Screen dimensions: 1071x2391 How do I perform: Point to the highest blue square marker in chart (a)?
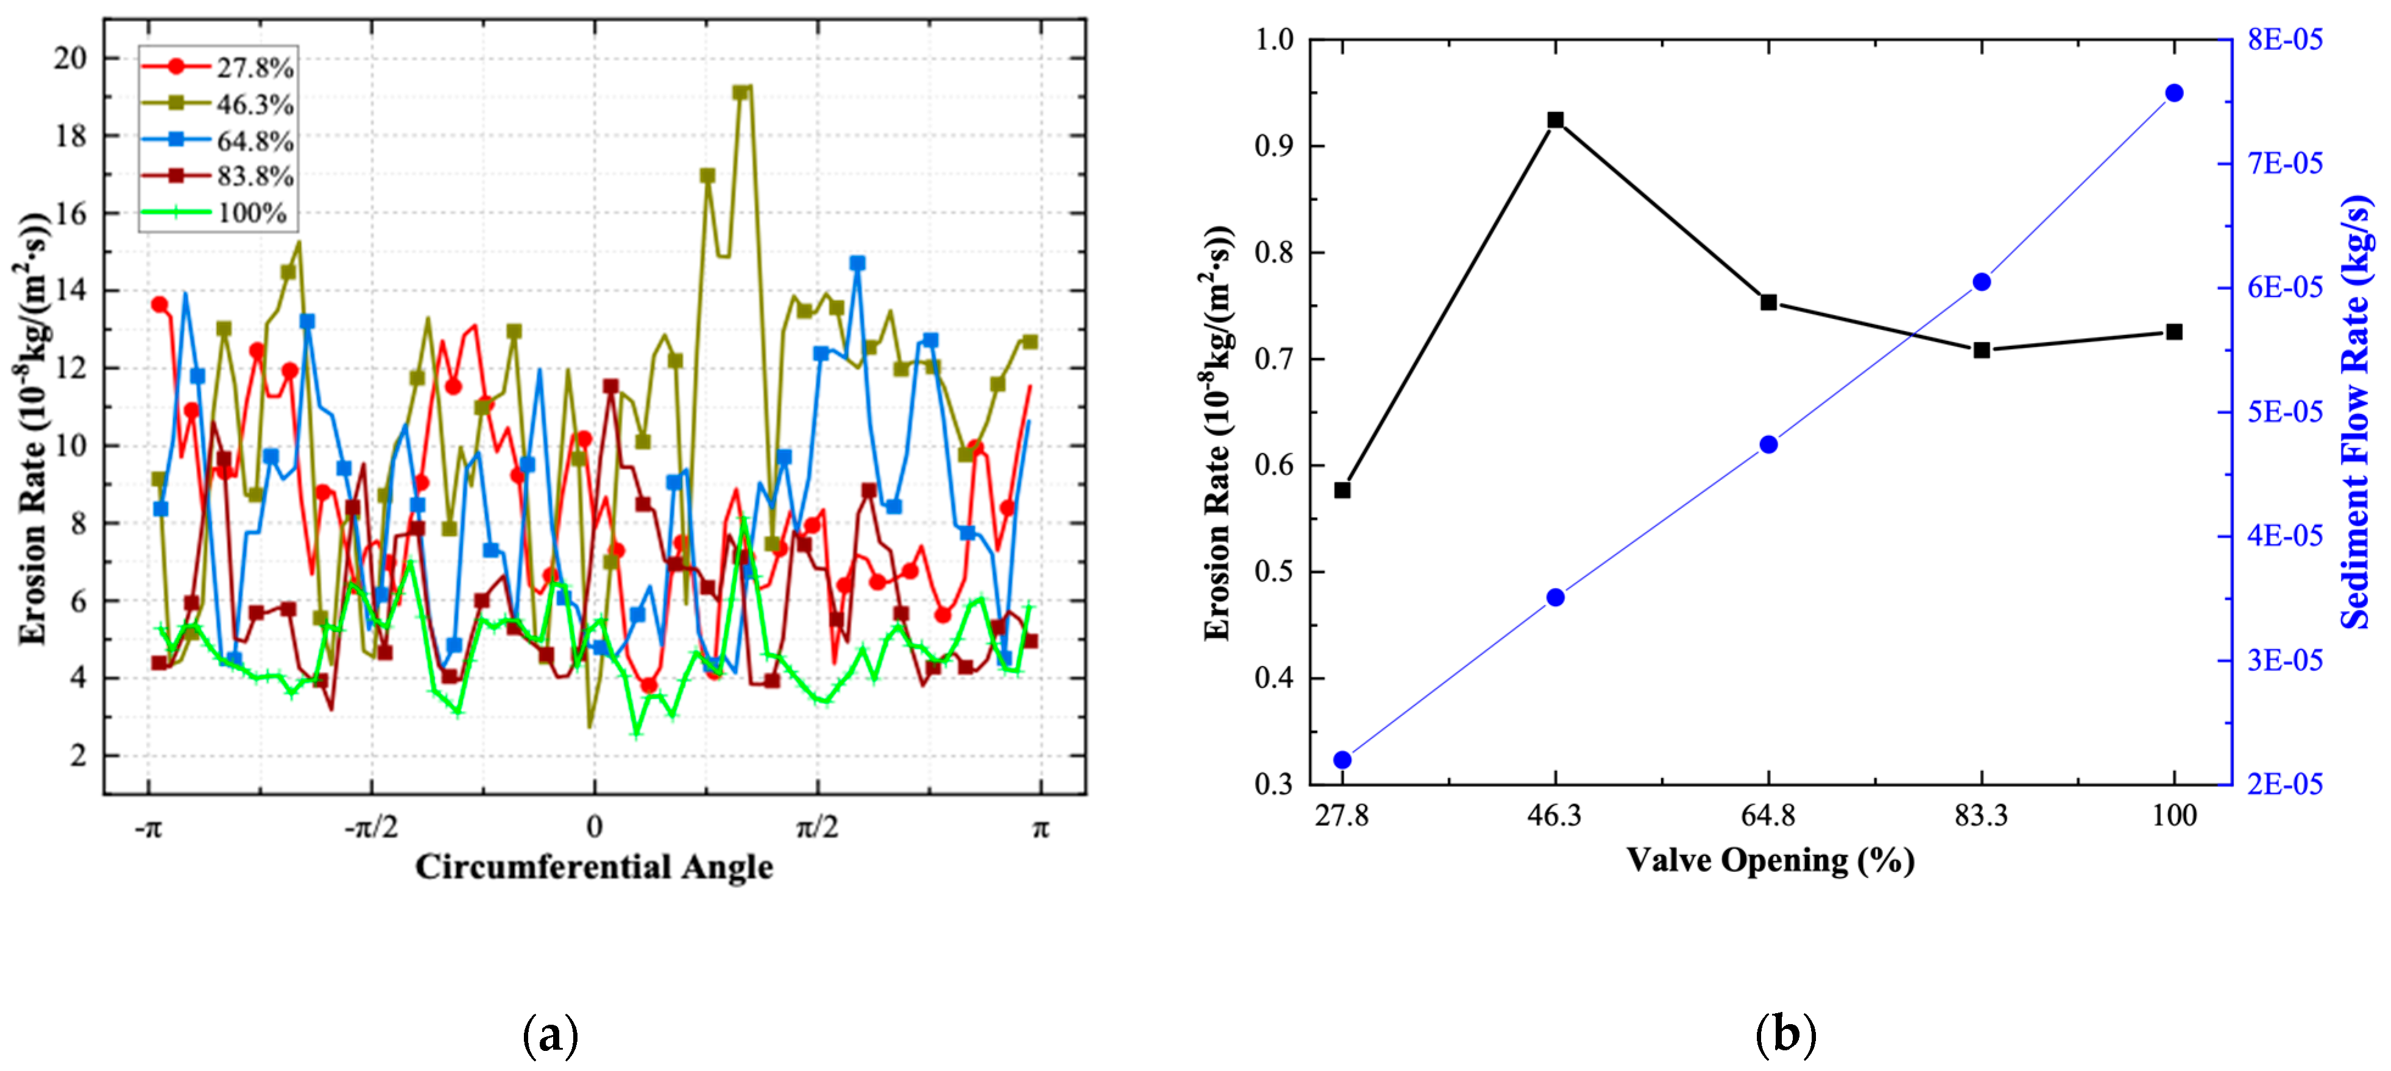tap(856, 264)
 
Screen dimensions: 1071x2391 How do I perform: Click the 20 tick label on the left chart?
tap(69, 58)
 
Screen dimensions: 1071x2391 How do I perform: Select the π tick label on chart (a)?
tap(1040, 826)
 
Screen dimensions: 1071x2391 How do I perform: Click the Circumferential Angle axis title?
tap(594, 867)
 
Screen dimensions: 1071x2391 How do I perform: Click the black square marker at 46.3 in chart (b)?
tap(1556, 120)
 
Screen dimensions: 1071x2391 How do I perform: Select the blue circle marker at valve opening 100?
tap(2174, 93)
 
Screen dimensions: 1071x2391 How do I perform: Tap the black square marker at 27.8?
tap(1342, 490)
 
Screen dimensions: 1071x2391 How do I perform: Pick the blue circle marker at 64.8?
tap(1768, 444)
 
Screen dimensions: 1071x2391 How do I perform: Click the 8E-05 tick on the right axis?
tap(2284, 39)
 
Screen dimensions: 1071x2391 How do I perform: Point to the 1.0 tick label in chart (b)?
tap(1273, 39)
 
